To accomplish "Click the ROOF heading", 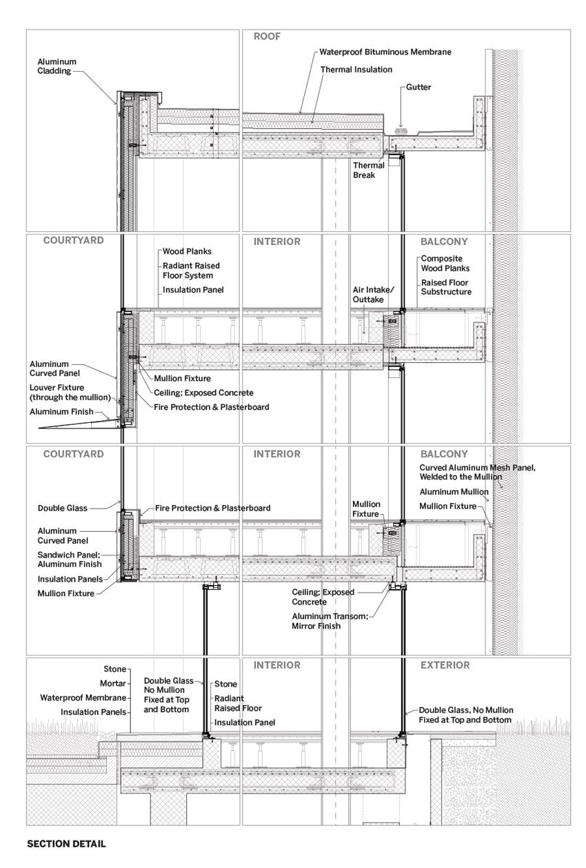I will point(267,37).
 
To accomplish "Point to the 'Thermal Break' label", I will point(369,170).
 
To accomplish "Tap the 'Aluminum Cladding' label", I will point(57,66).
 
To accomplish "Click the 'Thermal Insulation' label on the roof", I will point(356,70).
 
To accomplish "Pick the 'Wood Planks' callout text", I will point(187,252).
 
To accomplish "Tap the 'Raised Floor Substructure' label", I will point(446,287).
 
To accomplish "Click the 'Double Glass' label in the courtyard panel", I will point(63,508).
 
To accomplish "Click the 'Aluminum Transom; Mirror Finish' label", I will point(326,621).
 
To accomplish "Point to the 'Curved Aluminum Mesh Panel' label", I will point(477,472).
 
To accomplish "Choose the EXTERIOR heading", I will point(445,666).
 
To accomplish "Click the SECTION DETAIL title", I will point(66,844).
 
